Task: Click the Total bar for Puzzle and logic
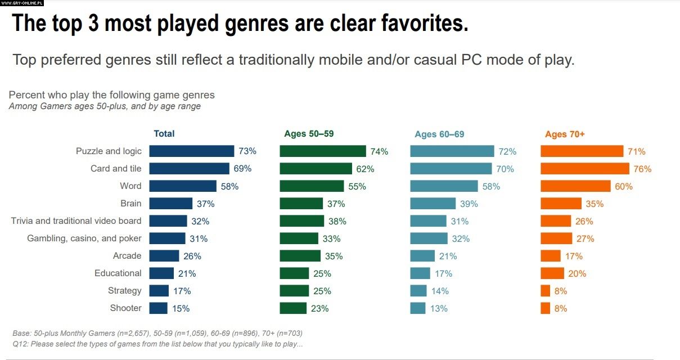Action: coord(191,151)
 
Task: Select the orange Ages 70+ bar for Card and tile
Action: coord(584,168)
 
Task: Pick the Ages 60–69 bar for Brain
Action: coord(433,203)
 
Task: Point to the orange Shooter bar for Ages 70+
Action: coord(545,308)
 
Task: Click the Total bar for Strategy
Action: coord(159,291)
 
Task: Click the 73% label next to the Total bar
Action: coord(247,151)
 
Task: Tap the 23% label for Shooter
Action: coord(319,308)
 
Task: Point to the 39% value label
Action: coord(469,204)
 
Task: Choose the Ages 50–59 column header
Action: coord(309,134)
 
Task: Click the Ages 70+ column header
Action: coord(565,134)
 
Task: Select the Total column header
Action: coord(164,133)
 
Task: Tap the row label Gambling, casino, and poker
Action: coord(84,238)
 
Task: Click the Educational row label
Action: coord(118,273)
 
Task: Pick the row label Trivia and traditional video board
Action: coord(76,220)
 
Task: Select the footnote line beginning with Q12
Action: coord(157,343)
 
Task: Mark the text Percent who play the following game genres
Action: coord(112,95)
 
